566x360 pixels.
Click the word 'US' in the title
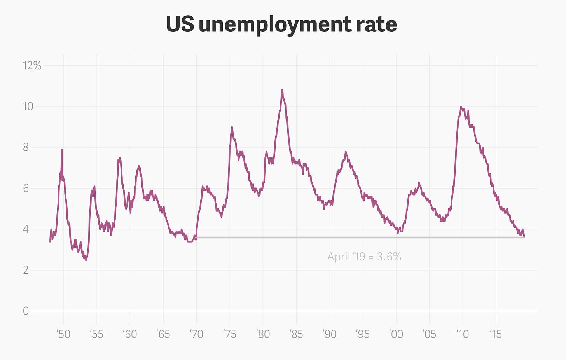click(180, 24)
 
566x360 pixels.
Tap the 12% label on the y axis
click(32, 66)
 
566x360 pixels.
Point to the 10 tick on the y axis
click(28, 107)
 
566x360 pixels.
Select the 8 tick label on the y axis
click(26, 147)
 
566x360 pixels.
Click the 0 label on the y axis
click(26, 311)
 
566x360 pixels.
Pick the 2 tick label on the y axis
click(26, 270)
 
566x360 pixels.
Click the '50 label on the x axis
click(63, 334)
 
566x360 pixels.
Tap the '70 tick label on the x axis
click(196, 334)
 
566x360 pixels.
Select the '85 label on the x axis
click(296, 334)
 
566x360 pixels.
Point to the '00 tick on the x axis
click(396, 334)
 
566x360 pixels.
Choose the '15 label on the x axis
click(496, 334)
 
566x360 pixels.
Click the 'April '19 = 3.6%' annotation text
click(364, 257)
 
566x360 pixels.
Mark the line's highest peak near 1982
click(282, 91)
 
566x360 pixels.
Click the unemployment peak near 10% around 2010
click(461, 107)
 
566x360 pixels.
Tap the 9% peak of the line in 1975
click(232, 127)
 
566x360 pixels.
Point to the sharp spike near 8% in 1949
click(61, 150)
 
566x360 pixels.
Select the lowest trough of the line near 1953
click(86, 260)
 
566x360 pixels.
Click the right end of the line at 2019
click(524, 237)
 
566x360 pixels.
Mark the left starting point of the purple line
click(50, 241)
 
